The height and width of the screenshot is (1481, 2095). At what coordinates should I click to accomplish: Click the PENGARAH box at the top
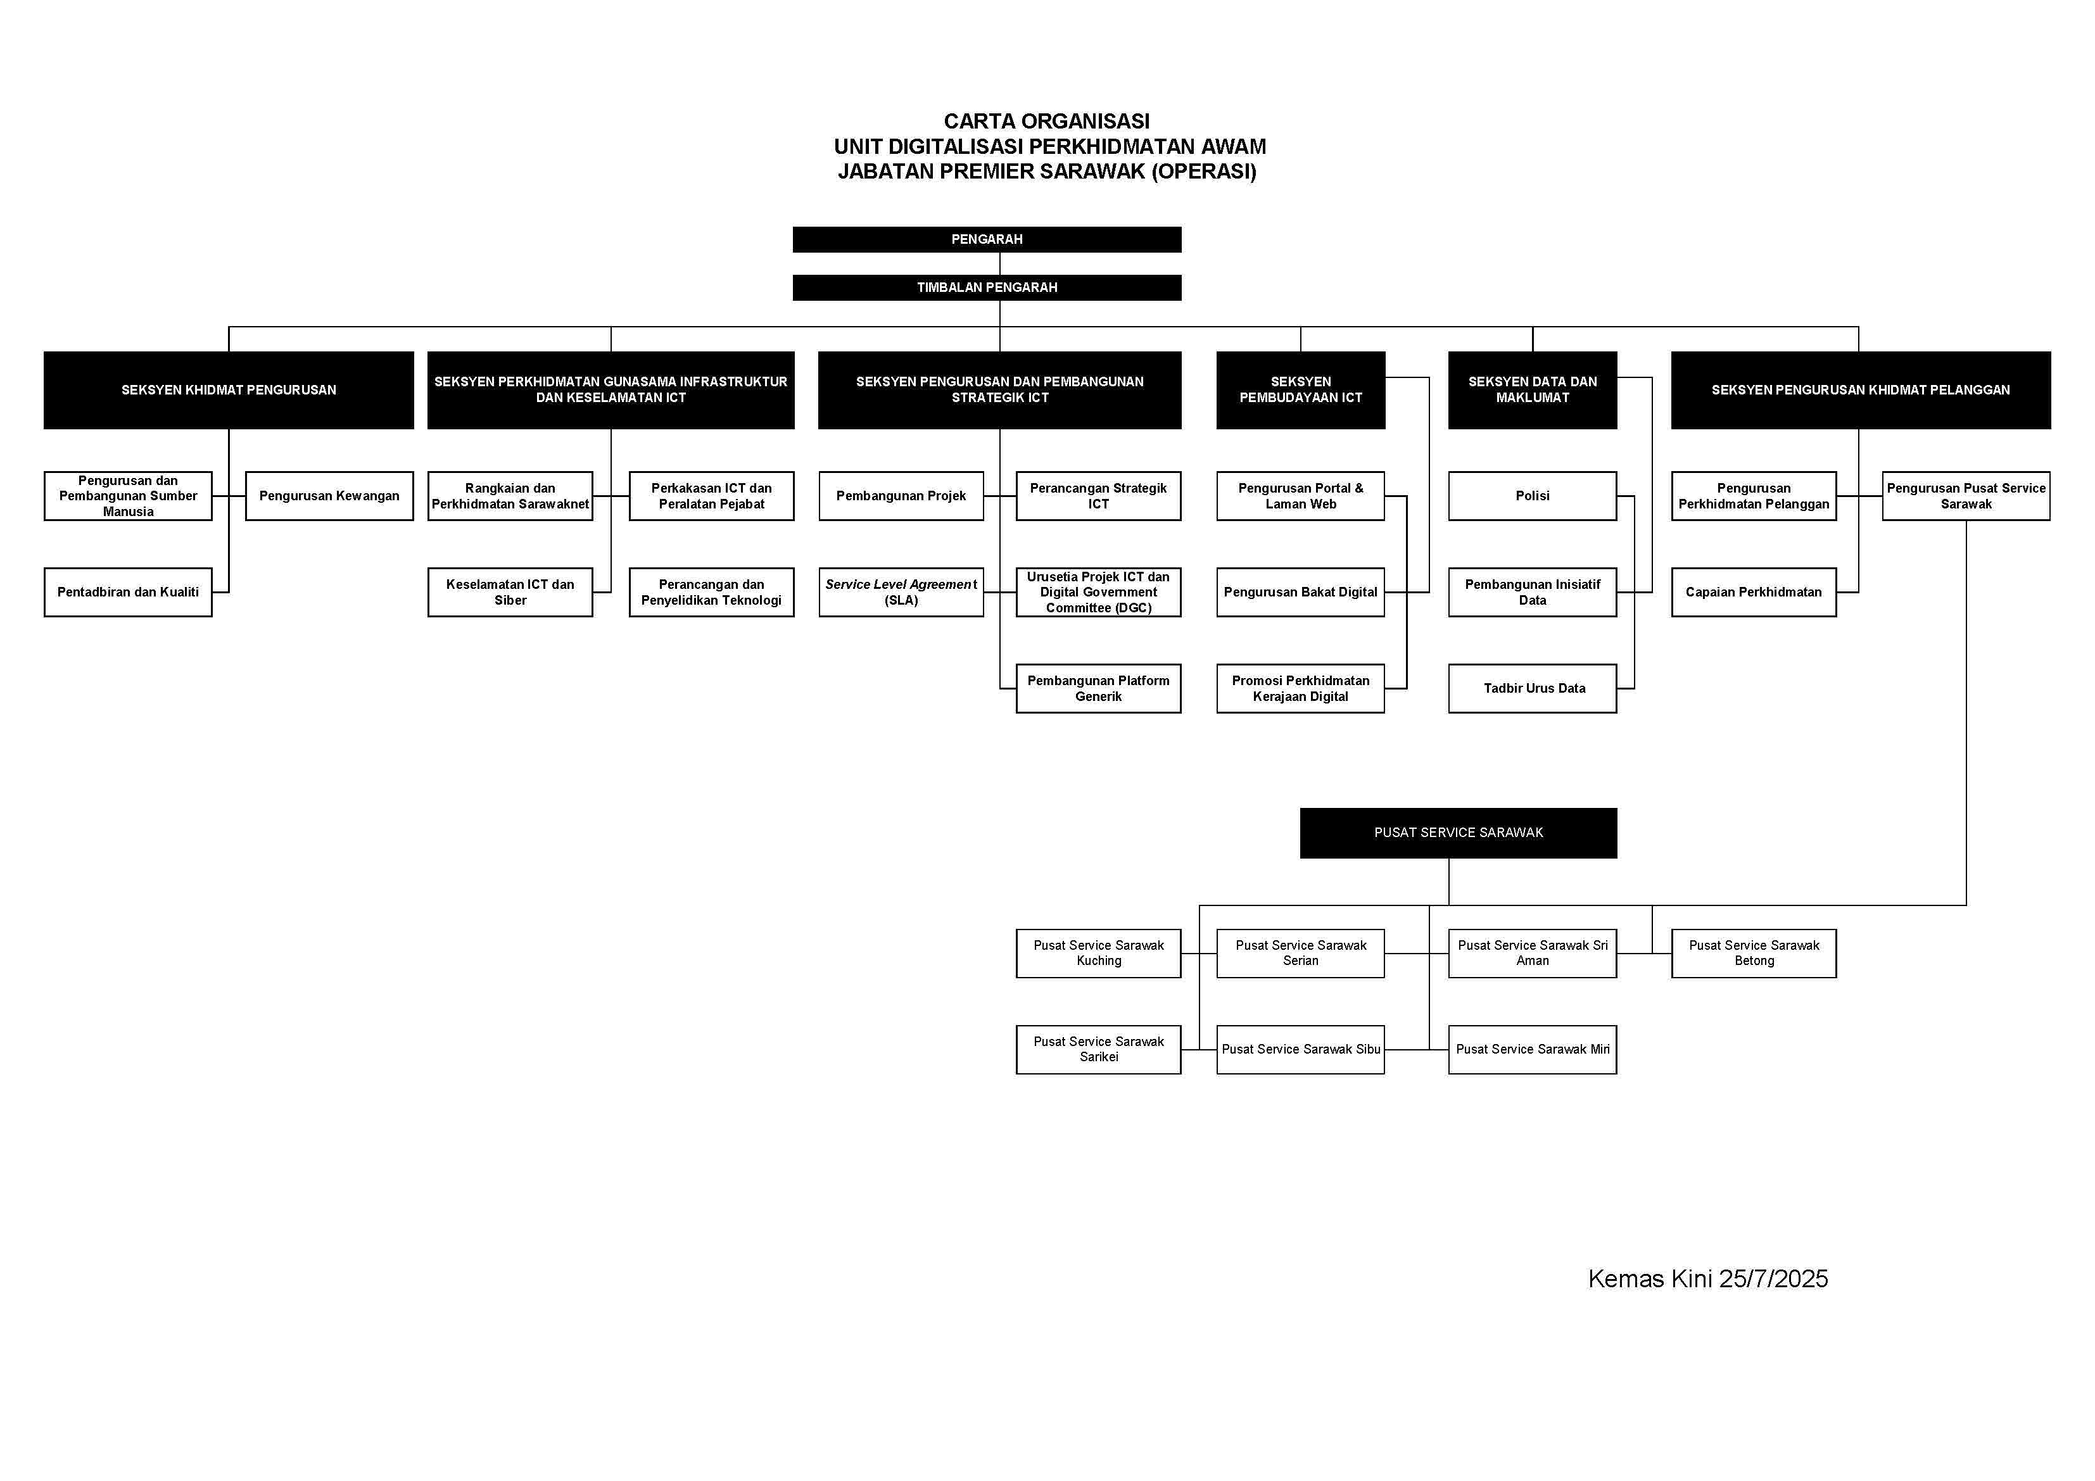(986, 239)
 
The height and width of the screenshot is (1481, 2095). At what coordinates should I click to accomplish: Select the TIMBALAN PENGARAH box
(986, 287)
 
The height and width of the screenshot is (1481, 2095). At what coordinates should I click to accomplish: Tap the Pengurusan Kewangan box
(329, 496)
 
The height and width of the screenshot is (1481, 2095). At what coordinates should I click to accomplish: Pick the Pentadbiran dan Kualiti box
(128, 592)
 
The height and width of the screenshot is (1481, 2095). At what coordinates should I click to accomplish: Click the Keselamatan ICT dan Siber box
(510, 592)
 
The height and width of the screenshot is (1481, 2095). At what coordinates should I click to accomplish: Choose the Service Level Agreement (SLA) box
(901, 592)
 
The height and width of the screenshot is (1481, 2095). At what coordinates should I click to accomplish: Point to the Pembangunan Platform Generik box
(1099, 688)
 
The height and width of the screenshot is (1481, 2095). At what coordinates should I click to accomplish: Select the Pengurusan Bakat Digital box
(1300, 592)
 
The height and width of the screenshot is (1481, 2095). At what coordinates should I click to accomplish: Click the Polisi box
(1532, 496)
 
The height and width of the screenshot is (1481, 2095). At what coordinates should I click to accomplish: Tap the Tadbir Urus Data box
(1532, 688)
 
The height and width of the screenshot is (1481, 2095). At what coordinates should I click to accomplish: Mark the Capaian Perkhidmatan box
(1754, 592)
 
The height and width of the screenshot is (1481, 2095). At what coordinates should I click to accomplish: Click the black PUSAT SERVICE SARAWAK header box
(1458, 832)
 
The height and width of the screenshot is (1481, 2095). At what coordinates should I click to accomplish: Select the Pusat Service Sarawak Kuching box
(1099, 953)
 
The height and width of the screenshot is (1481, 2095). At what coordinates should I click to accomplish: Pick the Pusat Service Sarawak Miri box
(1532, 1049)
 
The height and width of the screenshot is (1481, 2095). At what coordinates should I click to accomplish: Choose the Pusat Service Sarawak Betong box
(1754, 953)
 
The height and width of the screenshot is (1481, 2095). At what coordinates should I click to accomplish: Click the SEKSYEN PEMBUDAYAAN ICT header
(1300, 389)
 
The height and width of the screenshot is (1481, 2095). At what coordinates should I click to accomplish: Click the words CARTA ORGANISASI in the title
(1047, 122)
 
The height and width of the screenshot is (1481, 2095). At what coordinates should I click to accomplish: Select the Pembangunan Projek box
(901, 496)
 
